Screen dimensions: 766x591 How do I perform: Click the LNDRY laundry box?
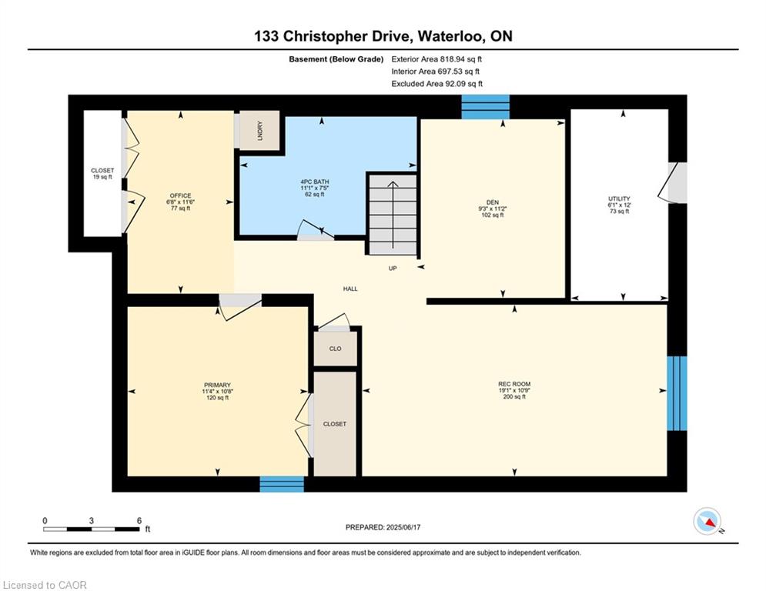pyautogui.click(x=259, y=130)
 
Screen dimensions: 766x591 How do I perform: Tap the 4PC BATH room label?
pyautogui.click(x=315, y=188)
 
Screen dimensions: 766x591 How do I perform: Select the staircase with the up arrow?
pyautogui.click(x=393, y=215)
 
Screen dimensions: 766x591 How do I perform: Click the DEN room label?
pyautogui.click(x=493, y=209)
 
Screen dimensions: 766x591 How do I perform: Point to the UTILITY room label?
pyautogui.click(x=619, y=205)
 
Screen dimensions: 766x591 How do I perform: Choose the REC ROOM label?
pyautogui.click(x=514, y=390)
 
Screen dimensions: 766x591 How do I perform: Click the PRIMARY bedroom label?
pyautogui.click(x=217, y=391)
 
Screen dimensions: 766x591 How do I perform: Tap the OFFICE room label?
pyautogui.click(x=180, y=202)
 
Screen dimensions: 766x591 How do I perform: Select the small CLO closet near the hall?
pyautogui.click(x=335, y=349)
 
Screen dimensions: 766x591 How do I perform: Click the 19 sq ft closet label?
pyautogui.click(x=102, y=173)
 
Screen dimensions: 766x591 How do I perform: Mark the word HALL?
pyautogui.click(x=350, y=289)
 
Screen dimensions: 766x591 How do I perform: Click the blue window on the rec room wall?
pyautogui.click(x=677, y=393)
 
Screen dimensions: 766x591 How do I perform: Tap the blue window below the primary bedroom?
pyautogui.click(x=282, y=484)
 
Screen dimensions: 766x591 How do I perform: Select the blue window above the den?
pyautogui.click(x=486, y=107)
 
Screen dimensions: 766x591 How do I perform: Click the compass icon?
pyautogui.click(x=707, y=521)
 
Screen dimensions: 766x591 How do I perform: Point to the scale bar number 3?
pyautogui.click(x=92, y=521)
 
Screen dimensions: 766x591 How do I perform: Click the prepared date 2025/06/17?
pyautogui.click(x=403, y=527)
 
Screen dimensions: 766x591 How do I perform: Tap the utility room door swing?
pyautogui.click(x=668, y=182)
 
